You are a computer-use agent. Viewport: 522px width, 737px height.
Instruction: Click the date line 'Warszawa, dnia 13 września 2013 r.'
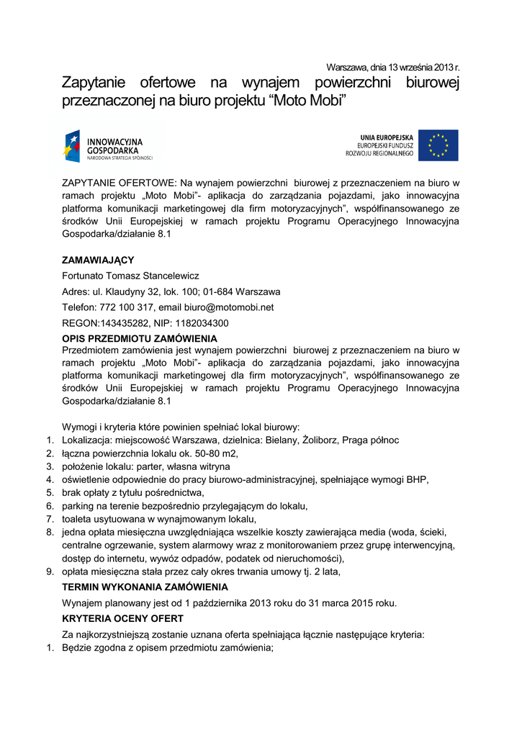pos(392,67)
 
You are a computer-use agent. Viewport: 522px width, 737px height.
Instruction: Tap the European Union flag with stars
pos(438,145)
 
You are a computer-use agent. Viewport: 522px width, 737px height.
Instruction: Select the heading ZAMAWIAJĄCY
pos(98,260)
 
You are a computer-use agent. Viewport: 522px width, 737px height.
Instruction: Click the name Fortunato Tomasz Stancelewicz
pos(130,276)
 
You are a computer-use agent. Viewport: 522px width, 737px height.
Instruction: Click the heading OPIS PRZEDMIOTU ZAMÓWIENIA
pos(140,338)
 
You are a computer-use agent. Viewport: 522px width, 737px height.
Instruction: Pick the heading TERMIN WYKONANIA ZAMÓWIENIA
pos(145,587)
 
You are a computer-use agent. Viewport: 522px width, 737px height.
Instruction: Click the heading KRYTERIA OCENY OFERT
pos(122,618)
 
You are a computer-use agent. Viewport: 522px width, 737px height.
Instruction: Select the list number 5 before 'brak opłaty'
pos(50,492)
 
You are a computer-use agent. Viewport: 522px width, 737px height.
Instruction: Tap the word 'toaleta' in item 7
pos(78,519)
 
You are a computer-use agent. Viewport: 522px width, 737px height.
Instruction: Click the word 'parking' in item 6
pos(78,506)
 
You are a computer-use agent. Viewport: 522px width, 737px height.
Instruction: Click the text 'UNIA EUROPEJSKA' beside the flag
pos(387,137)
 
